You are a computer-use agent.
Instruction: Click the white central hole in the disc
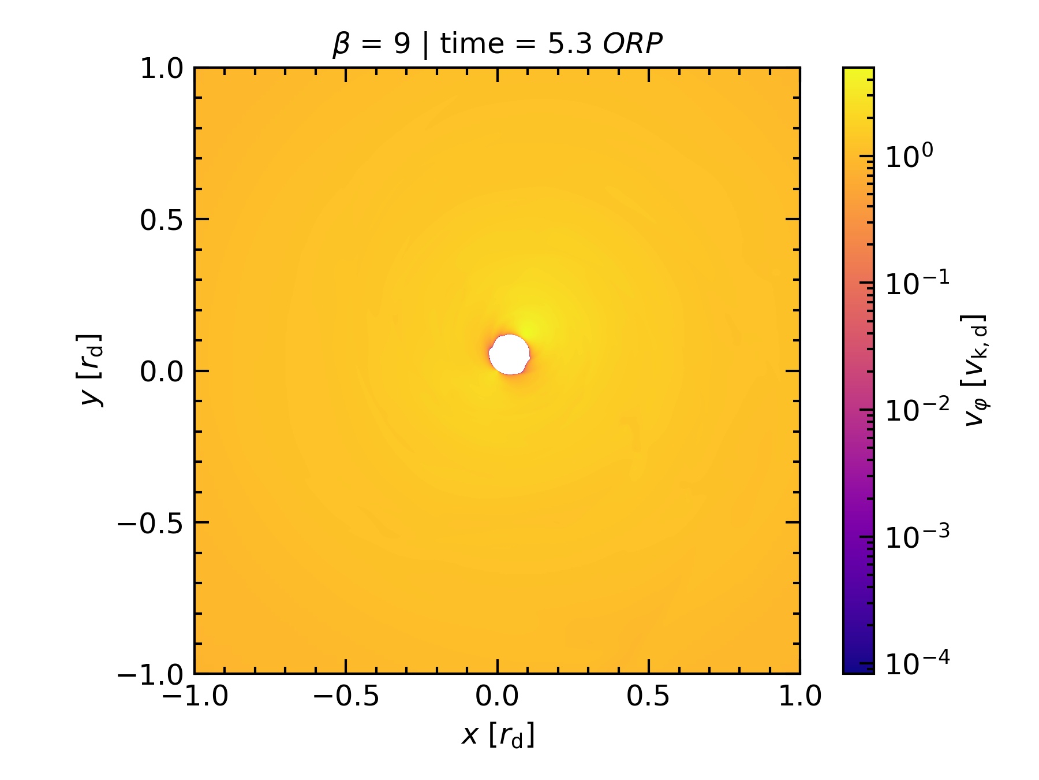coord(509,354)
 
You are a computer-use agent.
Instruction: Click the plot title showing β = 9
coord(372,44)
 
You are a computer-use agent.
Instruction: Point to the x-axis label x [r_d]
coord(498,735)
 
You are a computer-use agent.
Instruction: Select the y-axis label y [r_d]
coord(91,370)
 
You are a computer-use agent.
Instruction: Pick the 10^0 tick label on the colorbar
coord(909,156)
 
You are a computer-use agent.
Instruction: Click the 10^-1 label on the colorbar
coord(917,283)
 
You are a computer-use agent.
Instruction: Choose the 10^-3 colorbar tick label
coord(917,537)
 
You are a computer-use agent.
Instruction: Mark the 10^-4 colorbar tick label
coord(917,663)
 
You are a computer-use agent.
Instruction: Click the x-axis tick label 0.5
coord(648,696)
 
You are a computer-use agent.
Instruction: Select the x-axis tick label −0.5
coord(346,696)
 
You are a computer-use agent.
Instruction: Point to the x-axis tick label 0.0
coord(497,696)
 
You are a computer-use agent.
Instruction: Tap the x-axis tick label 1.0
coord(800,696)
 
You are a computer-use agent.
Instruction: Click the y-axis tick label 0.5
coord(162,220)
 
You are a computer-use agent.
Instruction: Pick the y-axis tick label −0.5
coord(151,523)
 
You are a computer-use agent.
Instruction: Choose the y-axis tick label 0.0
coord(162,372)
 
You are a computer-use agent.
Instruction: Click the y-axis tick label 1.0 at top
coord(162,69)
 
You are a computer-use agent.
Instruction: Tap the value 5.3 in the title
coord(570,44)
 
